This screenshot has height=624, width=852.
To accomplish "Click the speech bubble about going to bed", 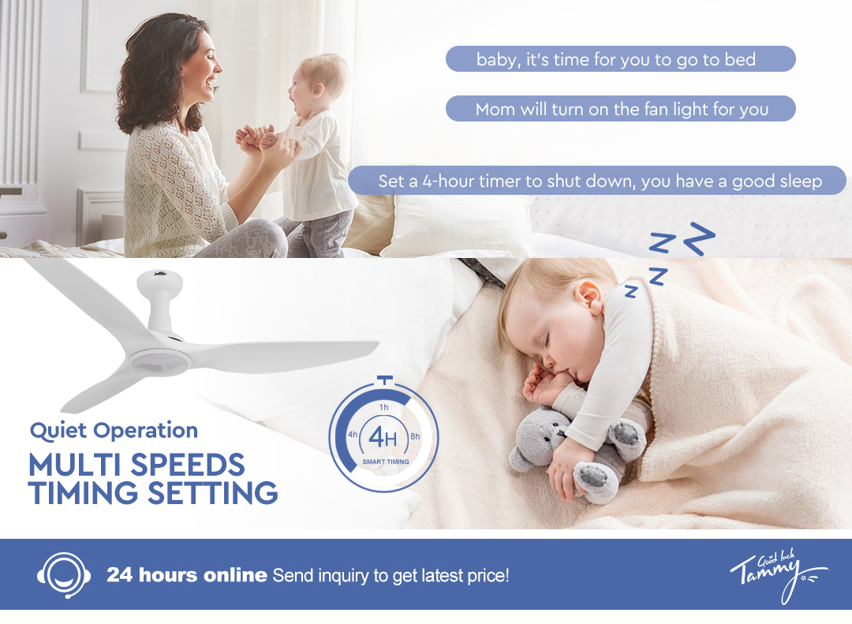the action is (x=621, y=58).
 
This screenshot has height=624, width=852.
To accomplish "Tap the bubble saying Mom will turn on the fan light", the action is (x=621, y=109).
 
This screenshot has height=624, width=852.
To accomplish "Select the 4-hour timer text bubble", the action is (x=597, y=181).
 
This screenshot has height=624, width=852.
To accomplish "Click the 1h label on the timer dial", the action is (x=383, y=407).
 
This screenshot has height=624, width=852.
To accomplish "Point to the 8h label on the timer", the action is (x=415, y=436).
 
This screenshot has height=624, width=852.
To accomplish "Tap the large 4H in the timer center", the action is (x=383, y=438).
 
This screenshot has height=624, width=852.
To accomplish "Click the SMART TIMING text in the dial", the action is (x=386, y=461).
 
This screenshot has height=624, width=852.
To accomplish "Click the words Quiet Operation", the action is (x=114, y=431).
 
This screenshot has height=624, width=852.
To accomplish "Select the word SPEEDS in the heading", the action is (x=188, y=465).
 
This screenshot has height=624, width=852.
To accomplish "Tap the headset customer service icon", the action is (x=64, y=575).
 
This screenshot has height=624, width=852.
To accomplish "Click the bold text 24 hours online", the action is (x=187, y=575).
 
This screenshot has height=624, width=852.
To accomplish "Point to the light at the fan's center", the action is (x=159, y=363).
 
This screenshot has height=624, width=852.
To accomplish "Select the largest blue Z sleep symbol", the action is (x=699, y=238).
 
